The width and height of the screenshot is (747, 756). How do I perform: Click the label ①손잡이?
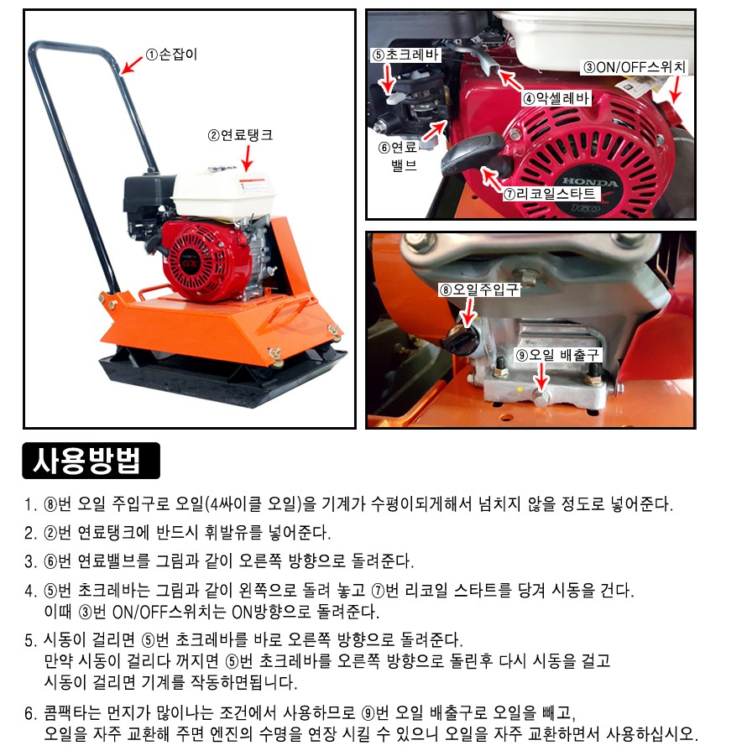coord(172,55)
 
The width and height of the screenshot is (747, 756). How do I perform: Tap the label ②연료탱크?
coord(240,135)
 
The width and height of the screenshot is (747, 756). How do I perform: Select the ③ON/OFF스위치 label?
coord(635,67)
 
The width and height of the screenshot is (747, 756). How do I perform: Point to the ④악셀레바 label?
coord(556,98)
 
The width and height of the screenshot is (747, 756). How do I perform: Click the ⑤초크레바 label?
coord(405,55)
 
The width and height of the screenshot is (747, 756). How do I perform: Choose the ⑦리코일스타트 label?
coord(551,194)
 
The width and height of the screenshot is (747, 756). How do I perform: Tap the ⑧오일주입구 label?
coord(479,289)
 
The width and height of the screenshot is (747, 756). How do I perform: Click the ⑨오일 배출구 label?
coord(557,355)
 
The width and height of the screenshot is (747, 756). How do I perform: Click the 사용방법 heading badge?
coord(91,461)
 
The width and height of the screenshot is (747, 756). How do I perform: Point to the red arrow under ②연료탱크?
coord(248,158)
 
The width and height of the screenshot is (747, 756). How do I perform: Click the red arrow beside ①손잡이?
coord(131,65)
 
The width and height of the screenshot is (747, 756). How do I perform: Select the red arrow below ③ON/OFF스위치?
coord(676,90)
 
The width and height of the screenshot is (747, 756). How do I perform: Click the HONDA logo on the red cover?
coord(590,182)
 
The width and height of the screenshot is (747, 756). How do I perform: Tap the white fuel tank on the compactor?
coord(222,195)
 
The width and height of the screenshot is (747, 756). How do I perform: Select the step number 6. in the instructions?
coord(31,713)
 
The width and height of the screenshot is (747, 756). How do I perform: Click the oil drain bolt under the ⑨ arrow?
coord(542,397)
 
